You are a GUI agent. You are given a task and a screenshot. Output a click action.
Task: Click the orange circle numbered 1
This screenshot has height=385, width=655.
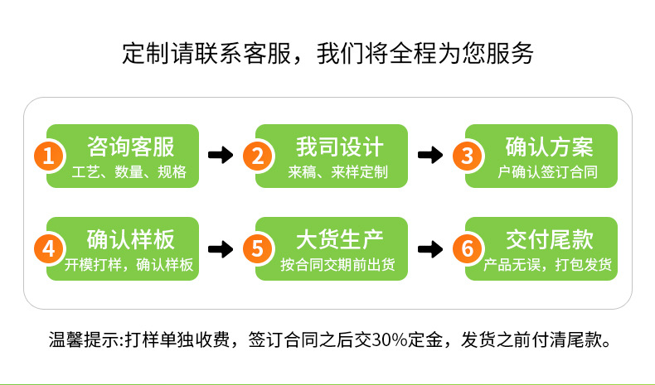tap(49, 155)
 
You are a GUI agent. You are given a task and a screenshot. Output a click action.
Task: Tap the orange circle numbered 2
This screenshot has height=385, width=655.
tap(258, 155)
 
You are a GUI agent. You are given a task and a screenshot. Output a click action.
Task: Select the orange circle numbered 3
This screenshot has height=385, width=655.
tap(467, 155)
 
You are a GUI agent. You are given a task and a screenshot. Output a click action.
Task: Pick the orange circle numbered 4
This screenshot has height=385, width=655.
tap(49, 248)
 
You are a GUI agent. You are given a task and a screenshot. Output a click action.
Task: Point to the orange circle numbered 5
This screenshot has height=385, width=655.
tap(258, 248)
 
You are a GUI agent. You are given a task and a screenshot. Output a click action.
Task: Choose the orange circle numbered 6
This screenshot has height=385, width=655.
tap(467, 248)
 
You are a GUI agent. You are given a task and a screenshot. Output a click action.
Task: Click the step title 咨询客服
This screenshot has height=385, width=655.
tap(131, 147)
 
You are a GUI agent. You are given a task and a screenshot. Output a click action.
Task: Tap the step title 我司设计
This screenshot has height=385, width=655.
tap(340, 147)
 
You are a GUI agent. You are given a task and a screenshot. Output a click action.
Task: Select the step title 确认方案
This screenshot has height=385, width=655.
tap(549, 147)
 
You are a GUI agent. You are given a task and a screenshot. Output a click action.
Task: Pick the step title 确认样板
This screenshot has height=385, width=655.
tap(131, 240)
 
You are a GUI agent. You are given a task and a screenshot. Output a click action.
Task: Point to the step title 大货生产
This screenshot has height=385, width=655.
tap(340, 240)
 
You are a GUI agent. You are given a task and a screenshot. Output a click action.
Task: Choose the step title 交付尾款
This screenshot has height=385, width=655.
tap(549, 240)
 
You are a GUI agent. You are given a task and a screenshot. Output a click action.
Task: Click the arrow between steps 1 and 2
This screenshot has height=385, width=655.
tap(221, 155)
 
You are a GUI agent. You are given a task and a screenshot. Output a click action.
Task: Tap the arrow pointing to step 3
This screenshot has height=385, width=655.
tap(430, 155)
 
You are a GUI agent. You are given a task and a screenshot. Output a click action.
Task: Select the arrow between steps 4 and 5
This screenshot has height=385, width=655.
tap(221, 248)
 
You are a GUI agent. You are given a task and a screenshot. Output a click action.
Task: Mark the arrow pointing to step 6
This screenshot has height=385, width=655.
tap(430, 248)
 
